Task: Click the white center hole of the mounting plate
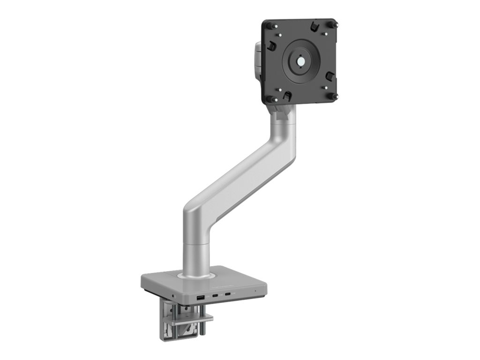(299, 61)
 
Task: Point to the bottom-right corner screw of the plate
(332, 96)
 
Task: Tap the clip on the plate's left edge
(271, 46)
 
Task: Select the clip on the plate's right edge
(330, 75)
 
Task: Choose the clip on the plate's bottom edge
(287, 96)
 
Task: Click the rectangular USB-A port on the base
(200, 297)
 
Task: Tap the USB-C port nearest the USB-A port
(214, 296)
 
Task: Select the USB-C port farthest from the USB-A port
(228, 295)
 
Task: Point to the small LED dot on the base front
(255, 292)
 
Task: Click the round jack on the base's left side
(174, 296)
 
